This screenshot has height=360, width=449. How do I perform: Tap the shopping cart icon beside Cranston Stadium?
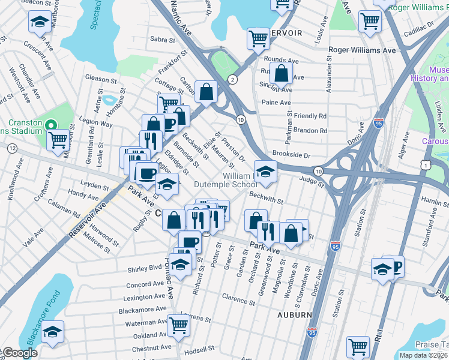coord(58,140)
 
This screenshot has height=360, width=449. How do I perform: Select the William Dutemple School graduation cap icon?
coord(265,172)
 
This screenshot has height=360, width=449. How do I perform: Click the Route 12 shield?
coord(11,148)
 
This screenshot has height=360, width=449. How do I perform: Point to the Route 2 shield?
coord(232,79)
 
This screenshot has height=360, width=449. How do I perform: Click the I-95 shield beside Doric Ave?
coord(378,122)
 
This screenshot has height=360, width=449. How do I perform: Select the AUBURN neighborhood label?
coord(295,314)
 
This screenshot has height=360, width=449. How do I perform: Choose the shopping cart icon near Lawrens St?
coord(179,325)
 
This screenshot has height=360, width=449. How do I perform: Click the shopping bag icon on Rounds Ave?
coord(280,74)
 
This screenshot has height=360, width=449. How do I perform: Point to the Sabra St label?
coord(162,40)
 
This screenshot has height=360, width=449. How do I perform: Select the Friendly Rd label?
coord(310,116)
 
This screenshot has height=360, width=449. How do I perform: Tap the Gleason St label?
coord(100,79)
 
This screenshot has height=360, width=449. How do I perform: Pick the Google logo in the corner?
coord(20,353)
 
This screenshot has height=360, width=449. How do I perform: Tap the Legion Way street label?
coord(98,124)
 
